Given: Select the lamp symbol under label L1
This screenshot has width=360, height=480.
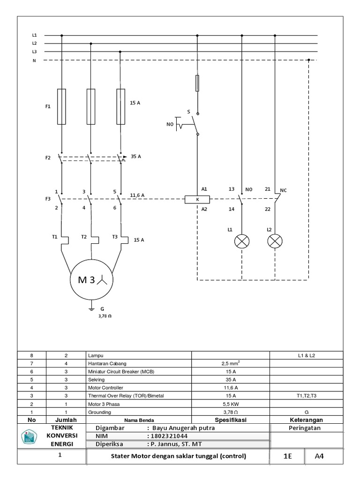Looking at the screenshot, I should coord(242,241).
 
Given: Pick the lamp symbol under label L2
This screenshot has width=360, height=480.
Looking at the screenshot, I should coord(274,241).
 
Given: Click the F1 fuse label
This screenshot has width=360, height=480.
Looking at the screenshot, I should coord(48,107).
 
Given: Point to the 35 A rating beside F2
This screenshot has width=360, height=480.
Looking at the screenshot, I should coord(136,157).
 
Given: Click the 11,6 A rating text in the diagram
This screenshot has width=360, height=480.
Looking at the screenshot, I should coord(136,195).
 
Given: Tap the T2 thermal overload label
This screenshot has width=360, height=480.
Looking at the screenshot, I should coord(84,237).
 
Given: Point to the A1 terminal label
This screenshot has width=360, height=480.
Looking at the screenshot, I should coord(204,188).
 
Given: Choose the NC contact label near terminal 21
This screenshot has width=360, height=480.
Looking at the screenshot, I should coord(283,191).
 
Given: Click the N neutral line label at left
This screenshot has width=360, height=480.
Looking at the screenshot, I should coord(34,60).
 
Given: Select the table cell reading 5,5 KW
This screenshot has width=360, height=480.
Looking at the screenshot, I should coord(231,404).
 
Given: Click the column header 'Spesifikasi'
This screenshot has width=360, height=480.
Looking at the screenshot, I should coord(231,420).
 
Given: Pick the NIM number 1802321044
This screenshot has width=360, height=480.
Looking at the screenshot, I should coord(170,436).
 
